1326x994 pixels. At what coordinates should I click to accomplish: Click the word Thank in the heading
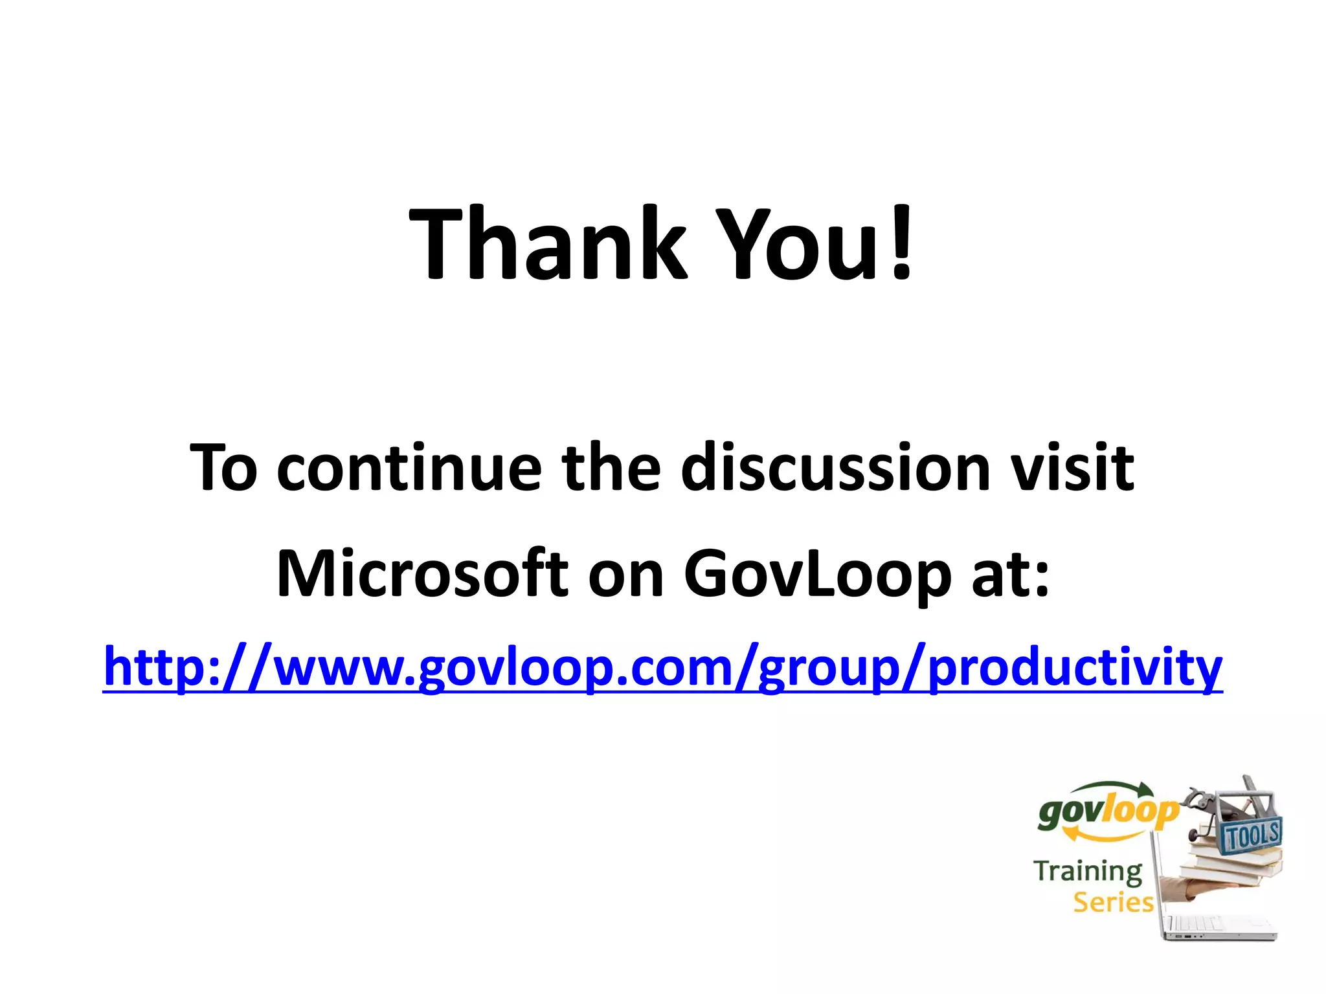(x=547, y=244)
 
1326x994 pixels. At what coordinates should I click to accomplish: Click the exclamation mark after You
(x=901, y=244)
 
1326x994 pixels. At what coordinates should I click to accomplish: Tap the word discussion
(x=835, y=467)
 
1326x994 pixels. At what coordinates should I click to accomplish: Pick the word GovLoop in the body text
(x=817, y=573)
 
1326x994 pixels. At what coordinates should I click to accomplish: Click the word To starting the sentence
(x=223, y=467)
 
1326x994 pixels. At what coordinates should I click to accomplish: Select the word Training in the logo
(x=1088, y=871)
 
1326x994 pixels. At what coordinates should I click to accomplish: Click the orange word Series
(x=1113, y=902)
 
